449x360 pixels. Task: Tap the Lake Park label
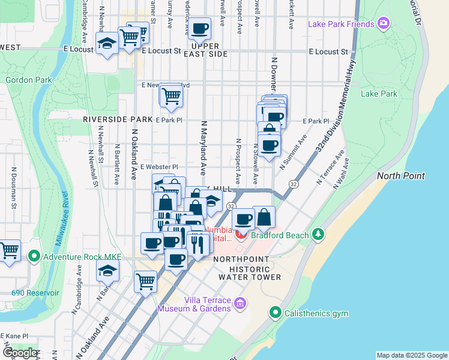379,94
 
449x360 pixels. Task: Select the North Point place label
401,176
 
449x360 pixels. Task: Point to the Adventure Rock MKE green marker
34,257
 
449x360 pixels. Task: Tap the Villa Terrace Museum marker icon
240,304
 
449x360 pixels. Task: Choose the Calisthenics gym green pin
275,312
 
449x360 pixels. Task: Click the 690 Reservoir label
35,293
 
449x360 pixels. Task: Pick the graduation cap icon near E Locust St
107,43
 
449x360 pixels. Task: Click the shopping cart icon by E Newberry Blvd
172,95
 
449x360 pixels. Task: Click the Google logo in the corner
20,353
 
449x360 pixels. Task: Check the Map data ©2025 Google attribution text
412,355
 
